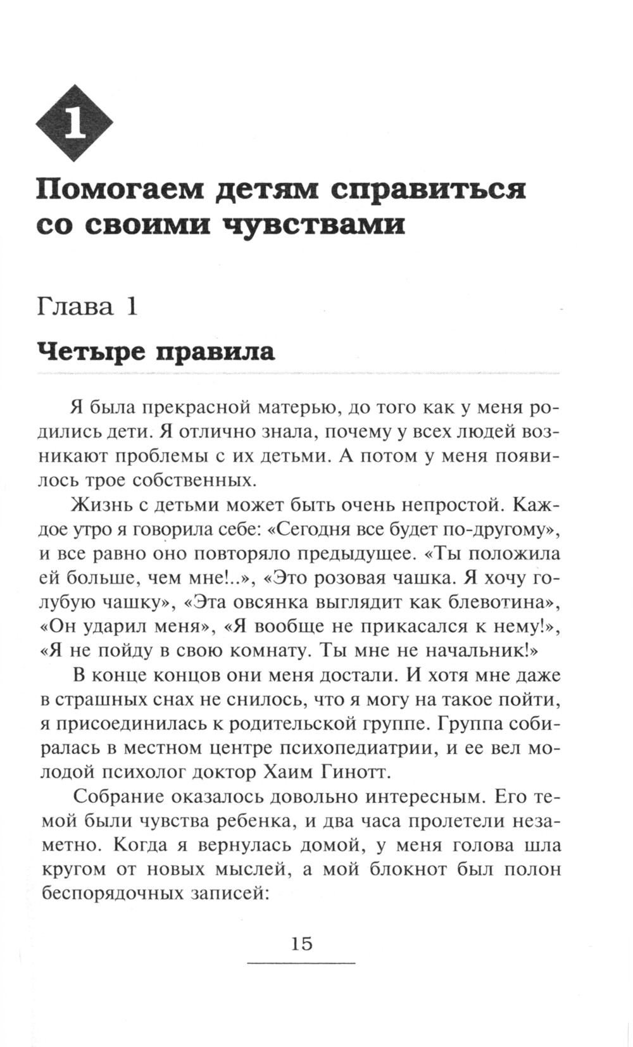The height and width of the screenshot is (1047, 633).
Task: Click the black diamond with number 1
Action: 75,124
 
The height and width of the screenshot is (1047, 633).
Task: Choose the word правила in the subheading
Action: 215,351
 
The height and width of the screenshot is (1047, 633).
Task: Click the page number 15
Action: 301,944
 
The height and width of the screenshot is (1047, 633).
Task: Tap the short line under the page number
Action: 301,963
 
